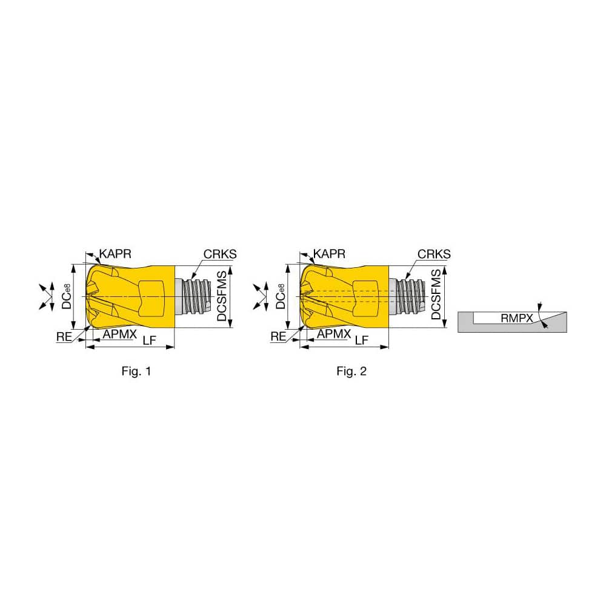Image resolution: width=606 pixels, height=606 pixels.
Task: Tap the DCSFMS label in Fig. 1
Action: (x=222, y=296)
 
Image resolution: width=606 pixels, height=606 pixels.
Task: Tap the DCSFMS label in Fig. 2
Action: (x=436, y=296)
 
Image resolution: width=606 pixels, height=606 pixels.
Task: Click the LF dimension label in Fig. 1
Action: (x=148, y=341)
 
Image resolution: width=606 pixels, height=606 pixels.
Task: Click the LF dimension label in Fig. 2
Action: (x=362, y=341)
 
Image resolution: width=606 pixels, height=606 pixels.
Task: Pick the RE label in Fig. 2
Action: (x=278, y=337)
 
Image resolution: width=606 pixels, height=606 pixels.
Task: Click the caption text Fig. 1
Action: (x=136, y=371)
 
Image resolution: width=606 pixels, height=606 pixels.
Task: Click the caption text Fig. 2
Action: (x=351, y=371)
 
